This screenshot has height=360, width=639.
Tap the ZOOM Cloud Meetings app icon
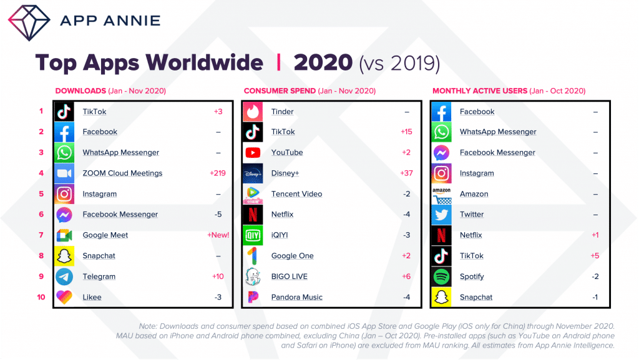[64, 173]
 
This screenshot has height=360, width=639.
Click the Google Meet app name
[105, 235]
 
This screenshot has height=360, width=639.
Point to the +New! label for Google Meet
[218, 235]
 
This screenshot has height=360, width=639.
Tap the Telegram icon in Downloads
[64, 276]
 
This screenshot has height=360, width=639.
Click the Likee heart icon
[64, 297]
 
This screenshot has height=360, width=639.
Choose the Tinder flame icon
[253, 112]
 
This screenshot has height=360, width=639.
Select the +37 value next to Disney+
[406, 173]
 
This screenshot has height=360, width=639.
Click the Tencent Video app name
[296, 194]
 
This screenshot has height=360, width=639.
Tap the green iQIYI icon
[253, 235]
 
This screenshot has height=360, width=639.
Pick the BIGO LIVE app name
[290, 276]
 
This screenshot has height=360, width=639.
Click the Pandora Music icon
[253, 297]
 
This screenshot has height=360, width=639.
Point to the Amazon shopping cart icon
[442, 194]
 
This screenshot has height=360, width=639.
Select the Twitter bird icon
[442, 215]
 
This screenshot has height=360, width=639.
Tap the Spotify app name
[472, 276]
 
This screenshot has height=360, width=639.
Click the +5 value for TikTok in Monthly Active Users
[594, 256]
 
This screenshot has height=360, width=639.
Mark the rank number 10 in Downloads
[41, 297]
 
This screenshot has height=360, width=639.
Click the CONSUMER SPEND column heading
[279, 91]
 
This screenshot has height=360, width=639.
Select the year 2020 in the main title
[323, 62]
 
